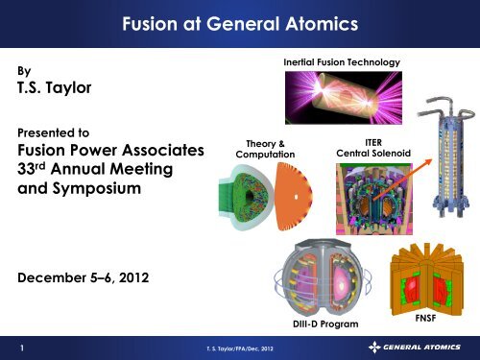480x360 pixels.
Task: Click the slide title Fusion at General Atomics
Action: point(239,18)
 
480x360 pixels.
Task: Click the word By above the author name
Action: point(24,70)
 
